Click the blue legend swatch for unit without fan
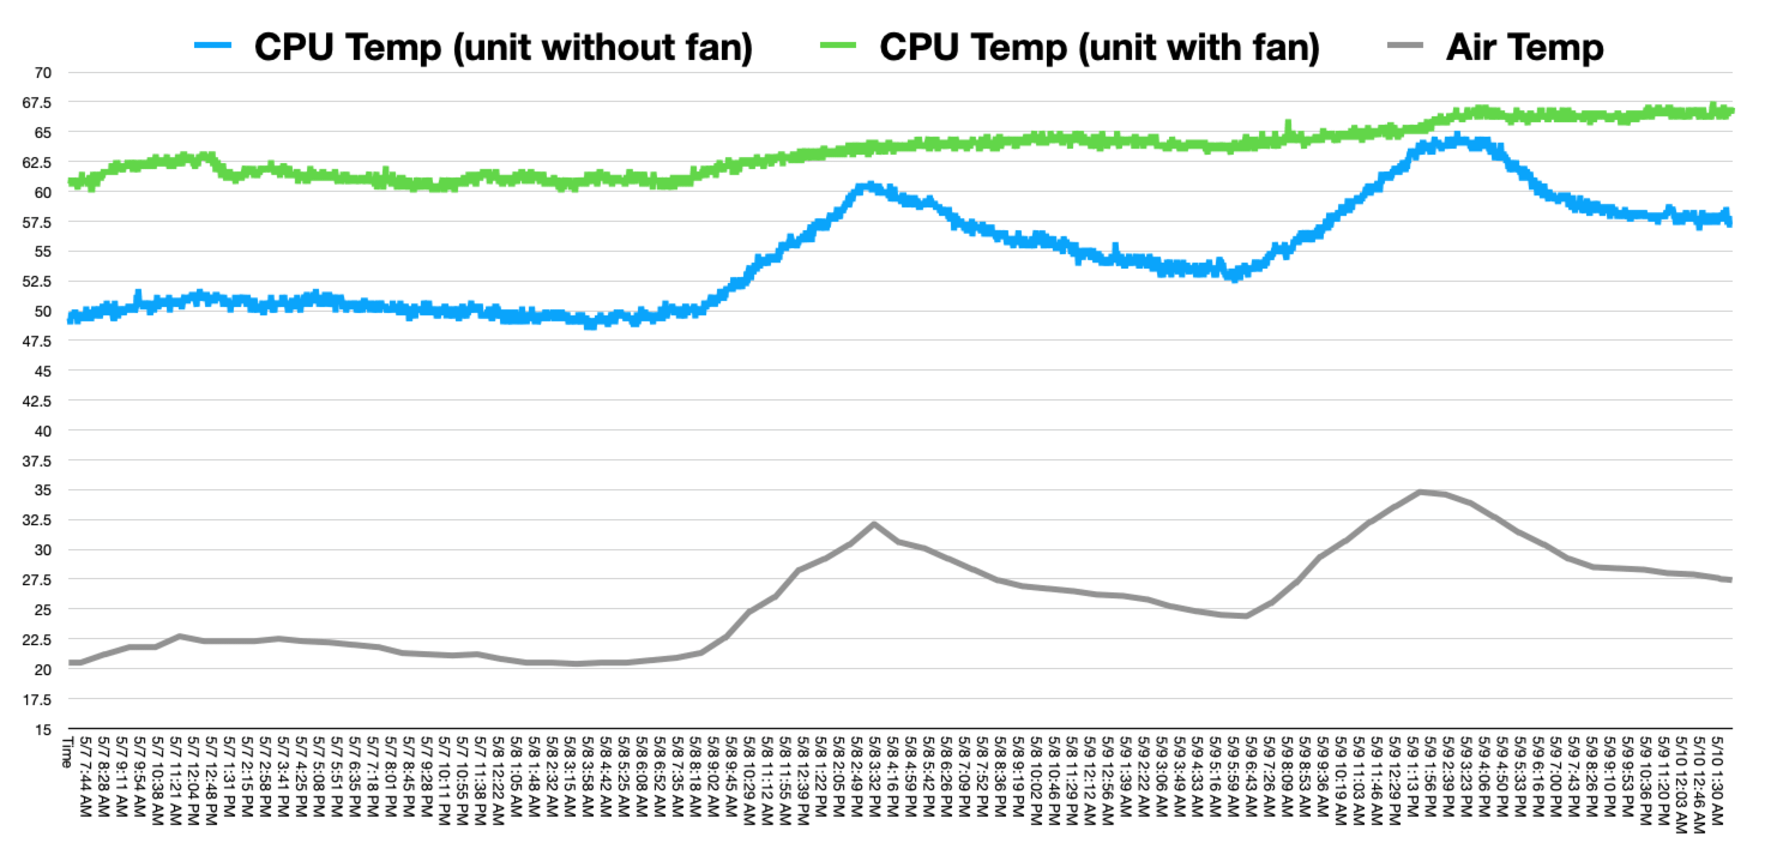pyautogui.click(x=212, y=46)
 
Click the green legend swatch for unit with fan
pyautogui.click(x=838, y=46)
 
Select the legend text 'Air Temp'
pyautogui.click(x=1525, y=47)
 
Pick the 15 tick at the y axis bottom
pyautogui.click(x=43, y=729)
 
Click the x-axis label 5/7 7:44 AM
pyautogui.click(x=85, y=776)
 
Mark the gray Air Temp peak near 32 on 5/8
pyautogui.click(x=874, y=524)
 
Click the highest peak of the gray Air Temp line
pyautogui.click(x=1421, y=492)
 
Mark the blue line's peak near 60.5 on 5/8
pyautogui.click(x=867, y=186)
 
